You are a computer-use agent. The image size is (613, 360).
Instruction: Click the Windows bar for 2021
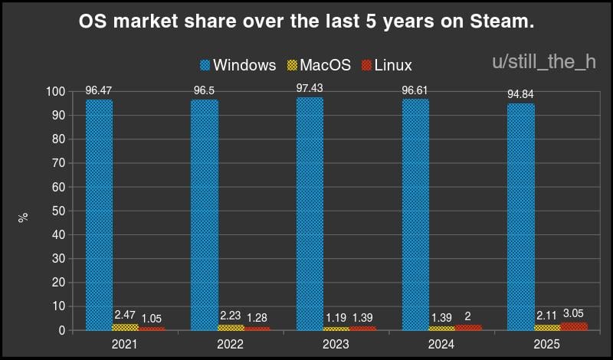99,214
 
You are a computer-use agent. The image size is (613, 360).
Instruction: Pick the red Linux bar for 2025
573,326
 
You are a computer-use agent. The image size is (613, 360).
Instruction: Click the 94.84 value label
521,95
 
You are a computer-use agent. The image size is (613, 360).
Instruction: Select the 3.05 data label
574,313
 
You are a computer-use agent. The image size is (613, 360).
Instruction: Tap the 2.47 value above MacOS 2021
125,315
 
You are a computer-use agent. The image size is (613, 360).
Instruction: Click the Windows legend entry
238,65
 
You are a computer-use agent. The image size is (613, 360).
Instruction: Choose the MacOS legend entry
317,65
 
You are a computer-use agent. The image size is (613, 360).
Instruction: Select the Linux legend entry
386,65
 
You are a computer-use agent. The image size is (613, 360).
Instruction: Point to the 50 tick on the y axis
60,211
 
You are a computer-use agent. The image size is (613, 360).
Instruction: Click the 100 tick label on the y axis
56,92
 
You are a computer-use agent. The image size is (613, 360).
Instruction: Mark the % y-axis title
24,217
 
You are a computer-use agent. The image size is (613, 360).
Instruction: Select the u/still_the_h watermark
543,62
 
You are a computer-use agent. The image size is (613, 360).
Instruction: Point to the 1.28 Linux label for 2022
257,318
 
